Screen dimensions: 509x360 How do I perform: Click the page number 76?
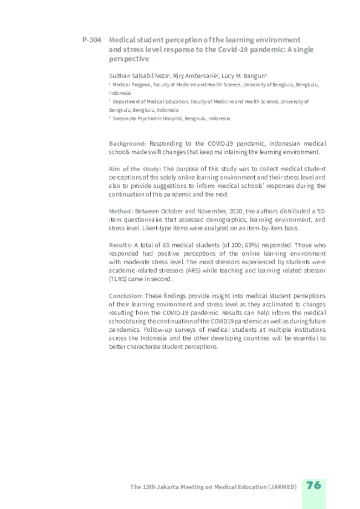point(313,485)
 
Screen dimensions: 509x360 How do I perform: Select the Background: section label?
point(127,143)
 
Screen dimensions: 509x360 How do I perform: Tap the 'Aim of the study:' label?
point(135,168)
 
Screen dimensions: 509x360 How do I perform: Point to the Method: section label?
point(121,211)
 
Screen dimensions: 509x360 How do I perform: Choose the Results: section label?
point(121,245)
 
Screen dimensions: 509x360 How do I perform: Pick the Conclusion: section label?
point(126,296)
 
